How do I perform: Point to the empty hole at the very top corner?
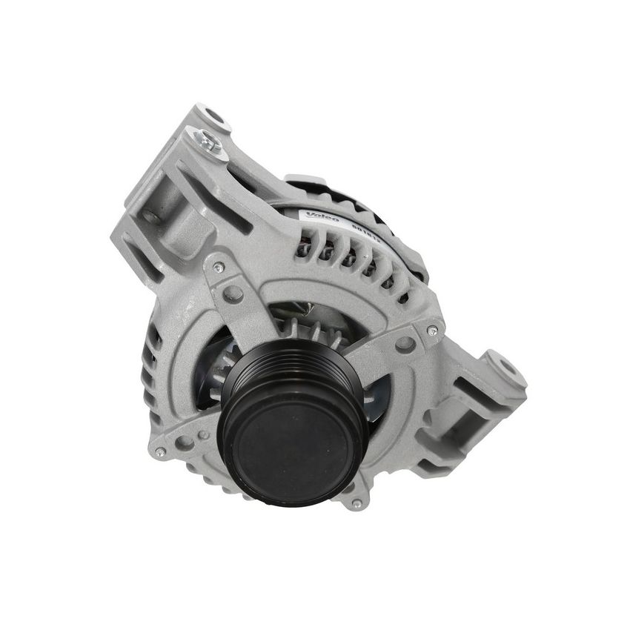coord(216,116)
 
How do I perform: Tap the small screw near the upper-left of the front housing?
coord(218,267)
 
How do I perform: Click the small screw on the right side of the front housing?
coord(431,330)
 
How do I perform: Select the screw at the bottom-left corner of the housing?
coord(159,452)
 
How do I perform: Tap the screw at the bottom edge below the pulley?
coord(357,503)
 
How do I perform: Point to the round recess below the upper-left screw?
coord(233,293)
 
